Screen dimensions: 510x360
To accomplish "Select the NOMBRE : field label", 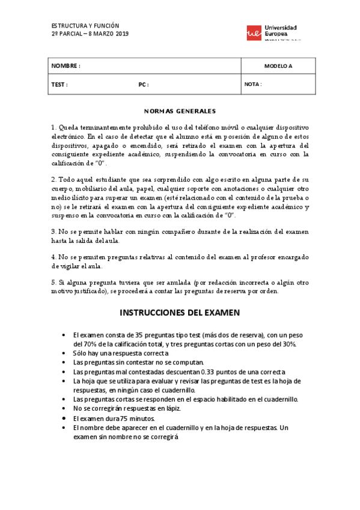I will (x=66, y=66).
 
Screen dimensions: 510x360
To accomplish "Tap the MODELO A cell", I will (x=278, y=66).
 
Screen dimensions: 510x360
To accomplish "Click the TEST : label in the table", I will (x=59, y=84).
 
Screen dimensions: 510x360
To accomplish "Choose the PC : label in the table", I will (x=143, y=84).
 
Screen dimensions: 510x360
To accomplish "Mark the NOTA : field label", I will (x=253, y=84).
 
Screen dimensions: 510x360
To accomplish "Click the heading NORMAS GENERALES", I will (x=180, y=111).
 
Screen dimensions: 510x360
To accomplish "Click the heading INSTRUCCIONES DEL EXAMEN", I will (x=180, y=313).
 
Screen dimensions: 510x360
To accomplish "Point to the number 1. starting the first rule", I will (x=53, y=128).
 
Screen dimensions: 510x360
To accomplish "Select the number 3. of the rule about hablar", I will (x=53, y=231).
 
